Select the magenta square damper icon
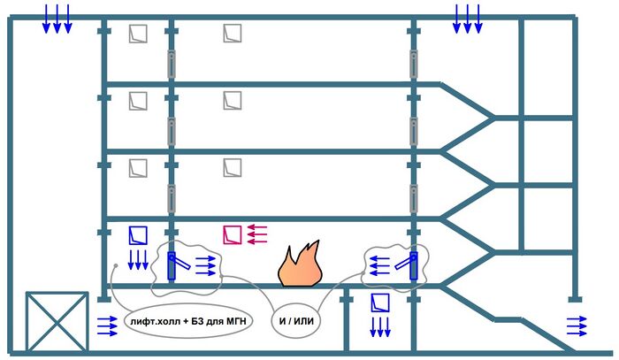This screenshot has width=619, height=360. click(232, 234)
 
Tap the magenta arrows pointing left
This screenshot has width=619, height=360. click(256, 234)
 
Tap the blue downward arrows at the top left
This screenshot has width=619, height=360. click(57, 19)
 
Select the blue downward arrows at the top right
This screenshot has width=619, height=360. click(467, 19)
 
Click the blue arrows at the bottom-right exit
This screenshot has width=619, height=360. click(576, 325)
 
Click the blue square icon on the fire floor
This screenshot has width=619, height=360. click(137, 234)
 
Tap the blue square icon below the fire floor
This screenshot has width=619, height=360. click(378, 303)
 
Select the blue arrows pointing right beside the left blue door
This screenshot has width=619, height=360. click(205, 264)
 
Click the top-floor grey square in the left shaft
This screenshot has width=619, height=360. click(137, 34)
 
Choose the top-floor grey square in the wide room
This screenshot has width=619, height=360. click(232, 34)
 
